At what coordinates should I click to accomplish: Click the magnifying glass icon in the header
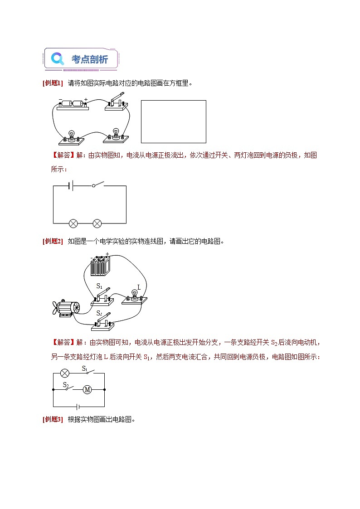(x=57, y=59)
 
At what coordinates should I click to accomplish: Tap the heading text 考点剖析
(x=90, y=59)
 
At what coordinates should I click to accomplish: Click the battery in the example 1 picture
(x=73, y=104)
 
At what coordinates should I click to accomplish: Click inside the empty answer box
(x=173, y=121)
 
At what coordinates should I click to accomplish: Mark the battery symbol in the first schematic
(x=70, y=185)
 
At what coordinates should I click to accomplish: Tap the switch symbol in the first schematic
(x=97, y=185)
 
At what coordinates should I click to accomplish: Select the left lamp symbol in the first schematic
(x=73, y=223)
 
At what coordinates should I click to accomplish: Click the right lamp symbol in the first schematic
(x=97, y=223)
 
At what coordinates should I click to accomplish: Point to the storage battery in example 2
(x=99, y=266)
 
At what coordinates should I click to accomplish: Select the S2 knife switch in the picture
(x=103, y=320)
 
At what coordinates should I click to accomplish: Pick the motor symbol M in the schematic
(x=88, y=389)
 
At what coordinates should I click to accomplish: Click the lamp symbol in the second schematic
(x=65, y=373)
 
